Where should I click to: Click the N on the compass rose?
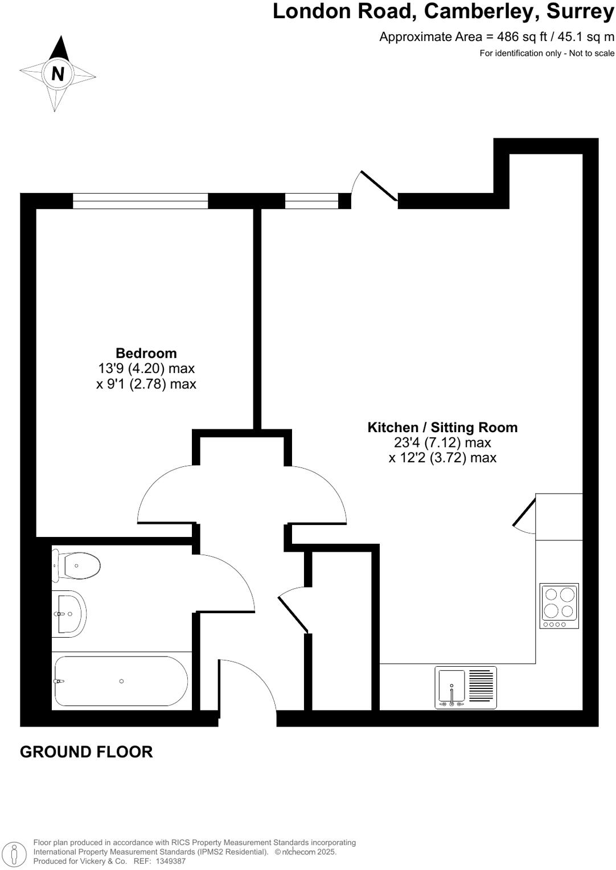click(x=58, y=73)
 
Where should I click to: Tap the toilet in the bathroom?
click(x=78, y=565)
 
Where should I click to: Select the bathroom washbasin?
click(x=70, y=614)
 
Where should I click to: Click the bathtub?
click(x=121, y=681)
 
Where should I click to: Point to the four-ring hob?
click(x=559, y=605)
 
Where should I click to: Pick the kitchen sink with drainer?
click(x=466, y=687)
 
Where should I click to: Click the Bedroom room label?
click(x=146, y=353)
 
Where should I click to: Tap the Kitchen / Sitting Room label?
click(x=442, y=428)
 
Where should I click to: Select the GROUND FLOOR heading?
click(x=87, y=752)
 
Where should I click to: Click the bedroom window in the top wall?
click(x=140, y=201)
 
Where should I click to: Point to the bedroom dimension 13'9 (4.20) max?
click(x=146, y=368)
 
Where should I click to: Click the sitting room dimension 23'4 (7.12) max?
click(x=442, y=442)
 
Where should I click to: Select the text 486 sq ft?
click(x=521, y=37)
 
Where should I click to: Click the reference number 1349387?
click(x=168, y=861)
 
